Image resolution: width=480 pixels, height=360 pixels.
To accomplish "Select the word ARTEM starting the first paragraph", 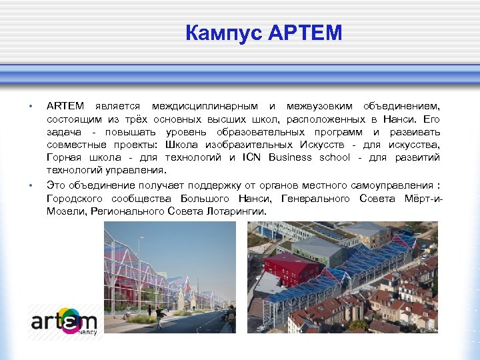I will (65, 106).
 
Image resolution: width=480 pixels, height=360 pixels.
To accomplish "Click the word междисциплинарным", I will (205, 106).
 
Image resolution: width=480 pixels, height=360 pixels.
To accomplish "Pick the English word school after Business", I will (335, 157).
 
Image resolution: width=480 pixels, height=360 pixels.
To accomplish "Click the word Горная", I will (63, 157).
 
